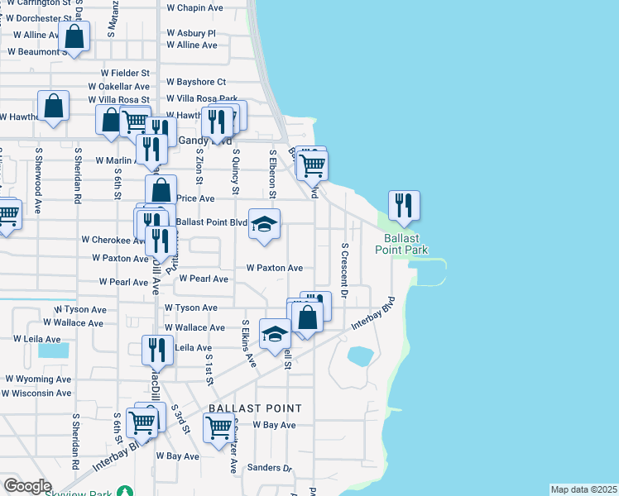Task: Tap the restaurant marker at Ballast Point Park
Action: (x=404, y=206)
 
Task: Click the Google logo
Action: (x=26, y=486)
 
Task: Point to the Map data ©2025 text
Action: (x=583, y=489)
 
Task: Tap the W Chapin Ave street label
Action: (x=194, y=7)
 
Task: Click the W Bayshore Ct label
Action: (x=195, y=82)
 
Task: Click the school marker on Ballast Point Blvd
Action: (x=264, y=225)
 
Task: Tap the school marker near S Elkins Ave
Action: (x=275, y=334)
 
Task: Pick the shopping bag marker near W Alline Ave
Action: (x=74, y=37)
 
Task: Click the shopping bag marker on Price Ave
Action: (x=161, y=190)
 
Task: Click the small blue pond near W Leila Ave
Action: (x=53, y=350)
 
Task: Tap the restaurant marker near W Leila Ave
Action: (x=156, y=351)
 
